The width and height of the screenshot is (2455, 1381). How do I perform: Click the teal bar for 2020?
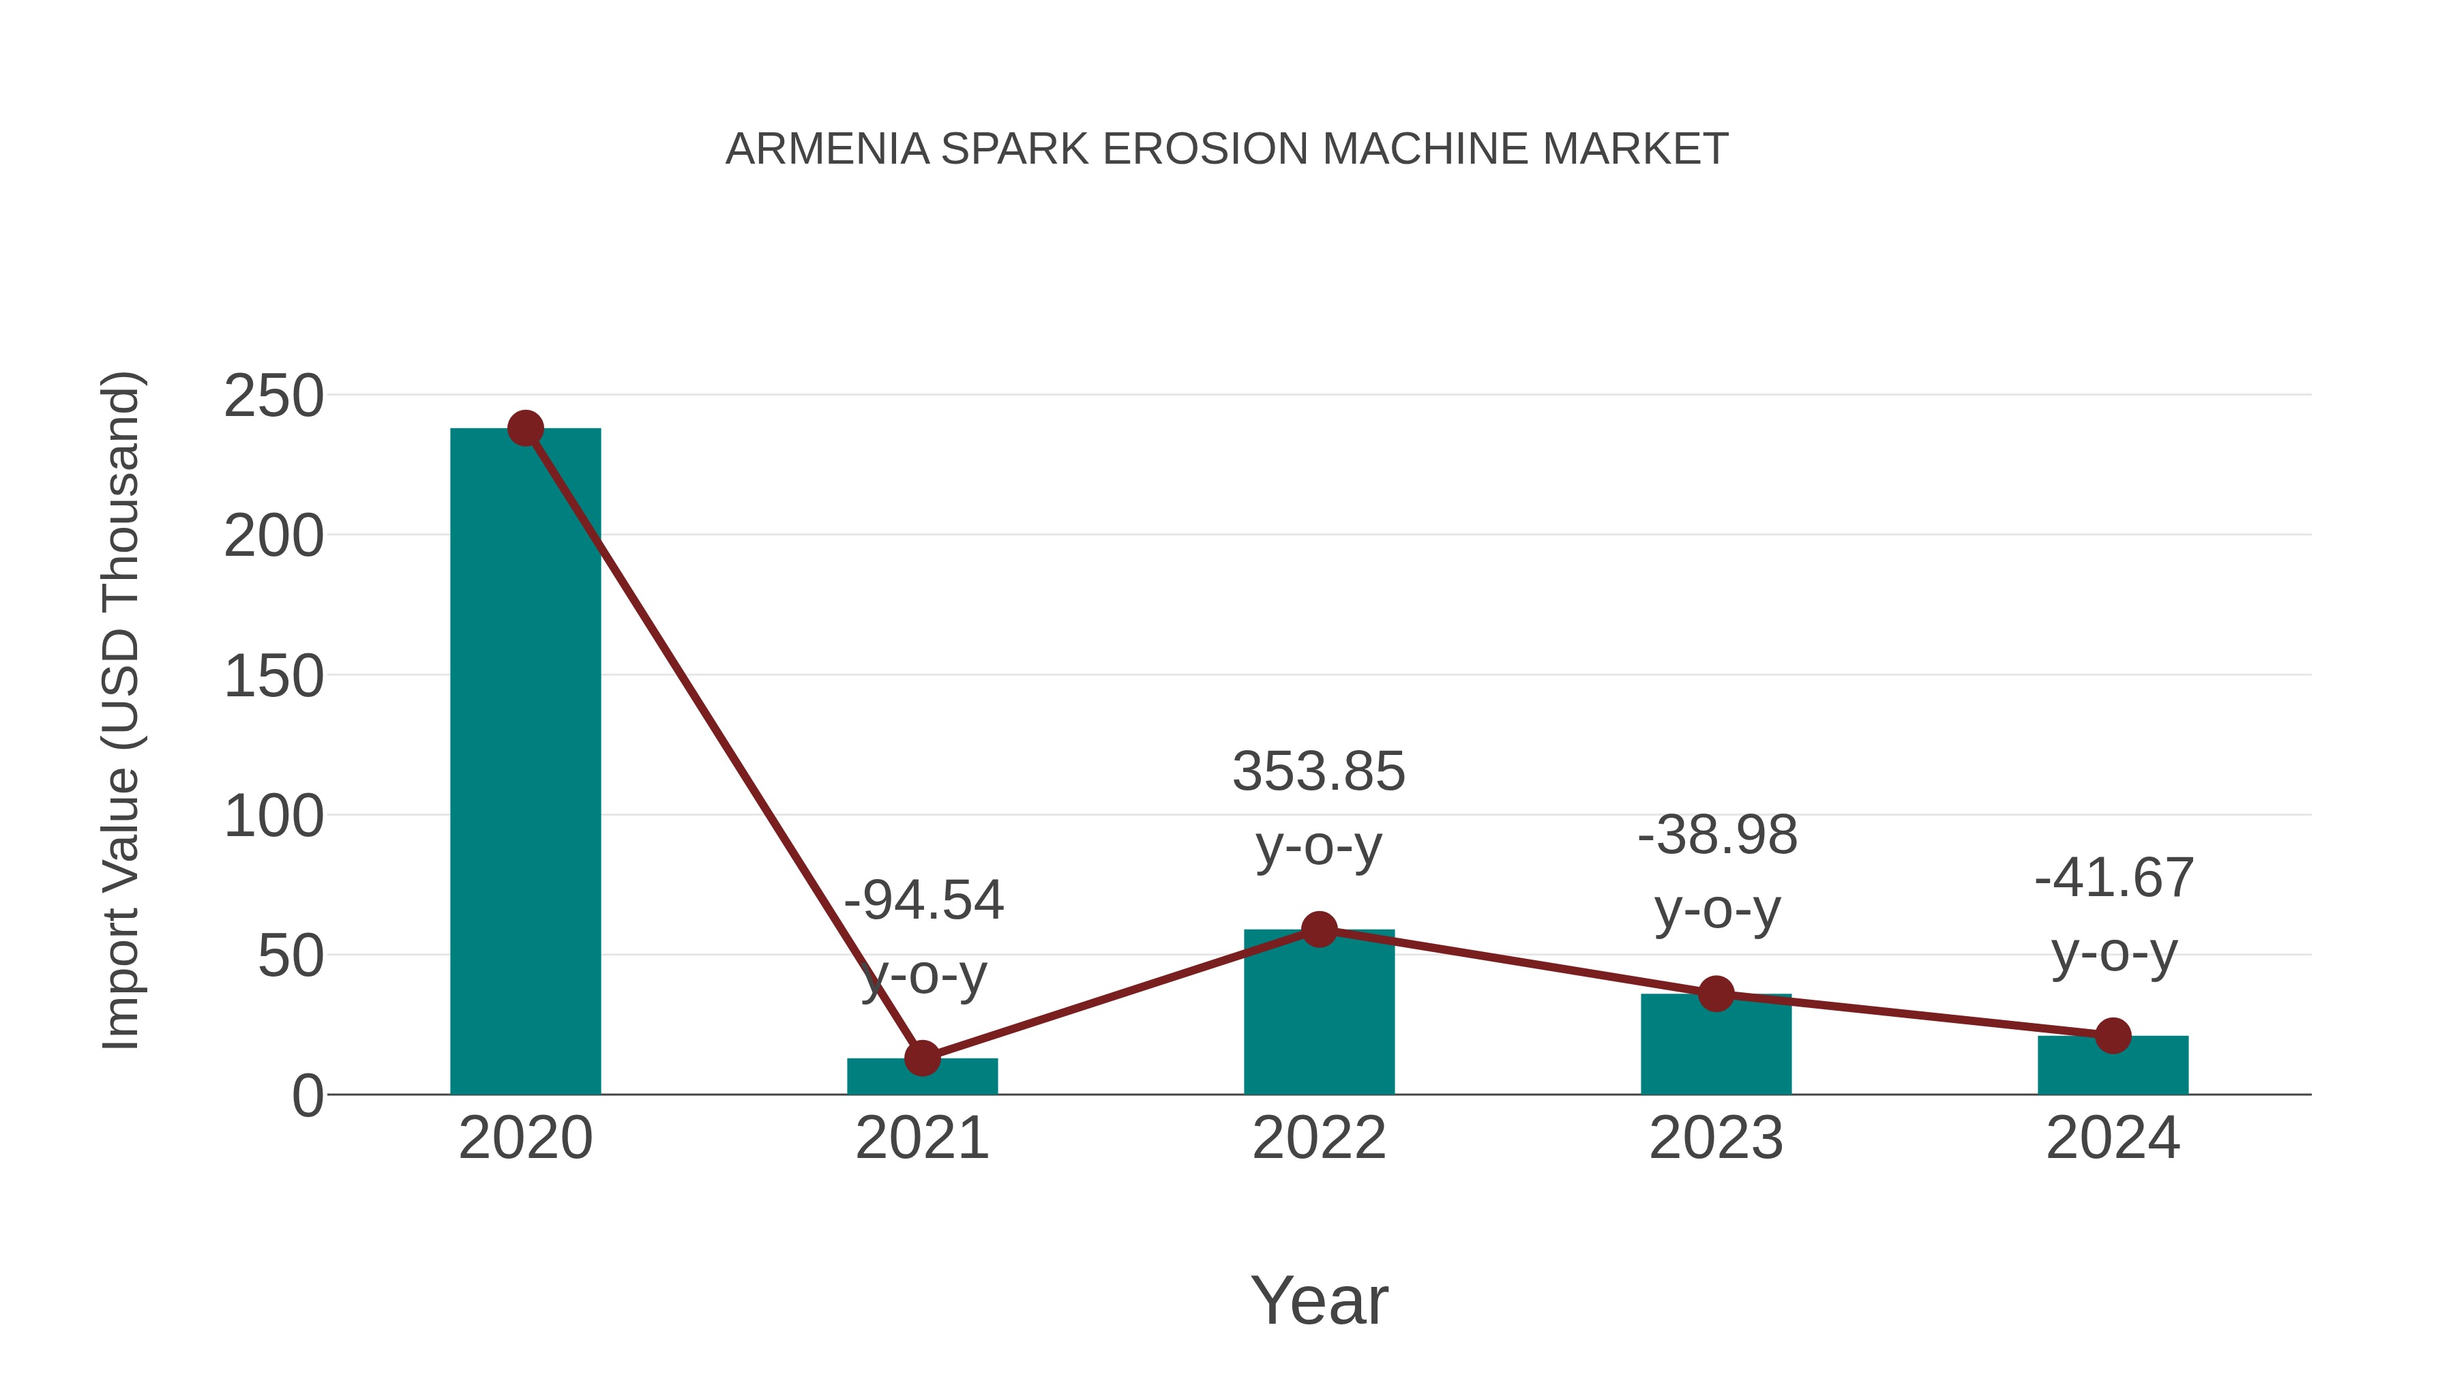[x=525, y=762]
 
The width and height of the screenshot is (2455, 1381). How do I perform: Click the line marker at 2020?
[x=525, y=429]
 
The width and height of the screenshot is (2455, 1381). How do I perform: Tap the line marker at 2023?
[x=1716, y=994]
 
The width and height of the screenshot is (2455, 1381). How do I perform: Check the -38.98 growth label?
[x=1716, y=836]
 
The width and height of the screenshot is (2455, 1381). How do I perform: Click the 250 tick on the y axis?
[x=273, y=396]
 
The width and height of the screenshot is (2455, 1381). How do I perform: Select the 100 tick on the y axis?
[x=273, y=817]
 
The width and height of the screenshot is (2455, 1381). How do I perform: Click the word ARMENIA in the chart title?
[x=827, y=149]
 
